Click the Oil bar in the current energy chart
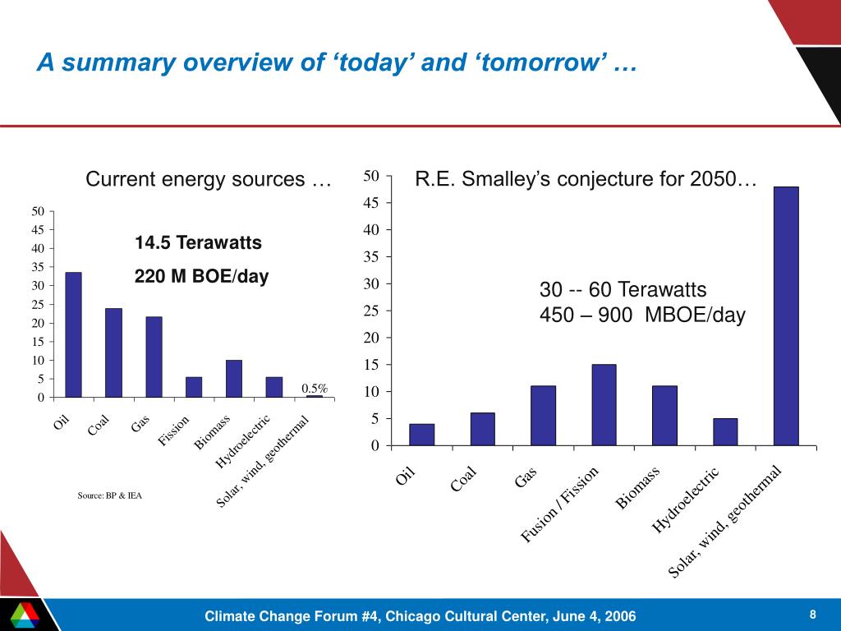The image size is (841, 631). (x=73, y=334)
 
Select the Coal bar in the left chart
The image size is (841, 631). (x=113, y=352)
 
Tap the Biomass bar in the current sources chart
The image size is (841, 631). (x=234, y=379)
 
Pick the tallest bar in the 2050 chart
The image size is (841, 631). (x=786, y=316)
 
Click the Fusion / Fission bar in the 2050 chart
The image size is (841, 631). (x=604, y=405)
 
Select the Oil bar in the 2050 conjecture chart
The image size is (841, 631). (x=421, y=435)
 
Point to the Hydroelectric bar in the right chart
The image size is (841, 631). (x=725, y=432)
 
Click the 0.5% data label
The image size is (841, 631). (x=315, y=388)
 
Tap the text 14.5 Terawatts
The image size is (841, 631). (x=198, y=243)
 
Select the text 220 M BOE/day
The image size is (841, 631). (x=201, y=278)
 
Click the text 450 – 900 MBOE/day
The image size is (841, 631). (x=641, y=315)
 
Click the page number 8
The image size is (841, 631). (x=812, y=615)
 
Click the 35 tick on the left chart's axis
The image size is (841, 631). (x=38, y=267)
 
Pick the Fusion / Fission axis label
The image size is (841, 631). (x=560, y=504)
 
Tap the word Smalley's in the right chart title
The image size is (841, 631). (x=502, y=179)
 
